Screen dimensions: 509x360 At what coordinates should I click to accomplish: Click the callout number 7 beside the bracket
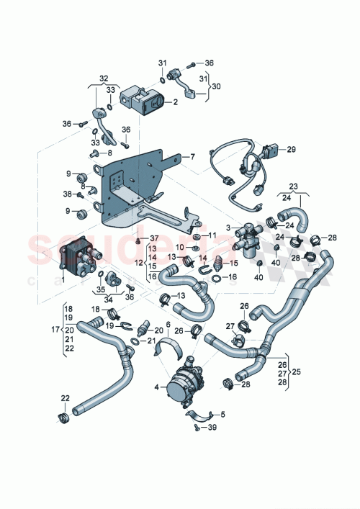(193, 156)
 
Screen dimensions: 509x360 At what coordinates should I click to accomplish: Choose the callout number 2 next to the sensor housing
(175, 103)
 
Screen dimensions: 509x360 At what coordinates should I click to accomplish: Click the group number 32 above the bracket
(104, 78)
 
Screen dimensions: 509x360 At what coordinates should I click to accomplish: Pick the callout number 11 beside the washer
(212, 235)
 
